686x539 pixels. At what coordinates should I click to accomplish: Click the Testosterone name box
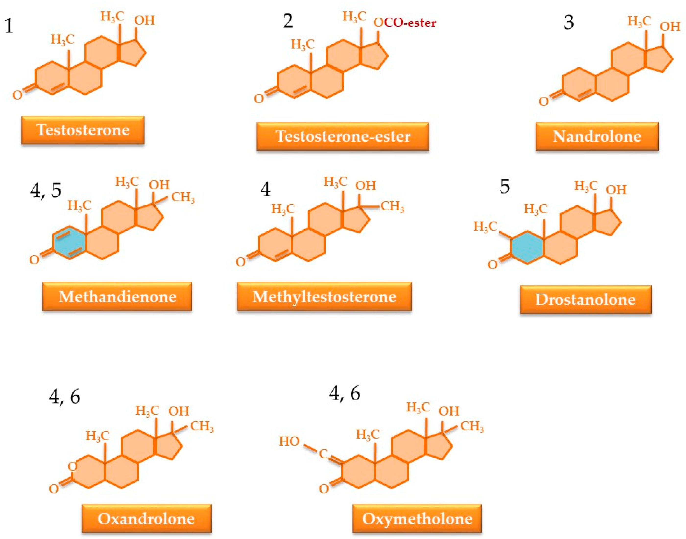click(x=83, y=130)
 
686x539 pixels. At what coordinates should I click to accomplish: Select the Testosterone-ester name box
click(x=343, y=136)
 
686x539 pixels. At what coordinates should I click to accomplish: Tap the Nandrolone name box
click(x=597, y=136)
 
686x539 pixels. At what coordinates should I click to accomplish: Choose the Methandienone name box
click(x=117, y=297)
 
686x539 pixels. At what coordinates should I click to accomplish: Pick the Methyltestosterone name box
click(x=324, y=297)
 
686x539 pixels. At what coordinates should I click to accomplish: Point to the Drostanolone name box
click(x=585, y=300)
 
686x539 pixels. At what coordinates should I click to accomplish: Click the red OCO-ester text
click(x=405, y=23)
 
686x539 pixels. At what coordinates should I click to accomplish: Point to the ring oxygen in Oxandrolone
click(x=73, y=466)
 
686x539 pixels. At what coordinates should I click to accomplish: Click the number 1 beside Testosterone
click(x=9, y=26)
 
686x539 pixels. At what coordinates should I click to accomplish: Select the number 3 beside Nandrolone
click(x=568, y=23)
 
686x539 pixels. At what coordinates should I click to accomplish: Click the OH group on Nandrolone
click(x=670, y=27)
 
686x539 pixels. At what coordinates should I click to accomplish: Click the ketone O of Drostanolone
click(x=493, y=265)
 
